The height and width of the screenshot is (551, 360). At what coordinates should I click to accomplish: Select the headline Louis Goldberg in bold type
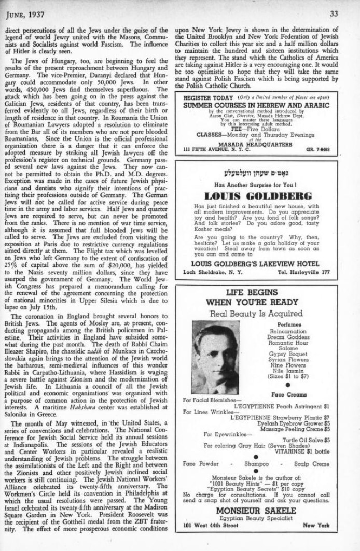pos(259,196)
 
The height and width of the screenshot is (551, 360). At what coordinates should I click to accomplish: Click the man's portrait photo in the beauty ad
pos(215,358)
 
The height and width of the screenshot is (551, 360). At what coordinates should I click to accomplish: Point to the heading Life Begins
pos(259,293)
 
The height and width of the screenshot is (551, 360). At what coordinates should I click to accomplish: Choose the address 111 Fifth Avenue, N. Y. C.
pos(217,150)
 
